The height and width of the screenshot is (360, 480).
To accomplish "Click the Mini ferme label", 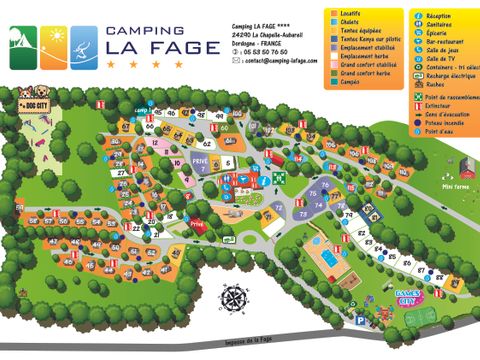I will [455, 186].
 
